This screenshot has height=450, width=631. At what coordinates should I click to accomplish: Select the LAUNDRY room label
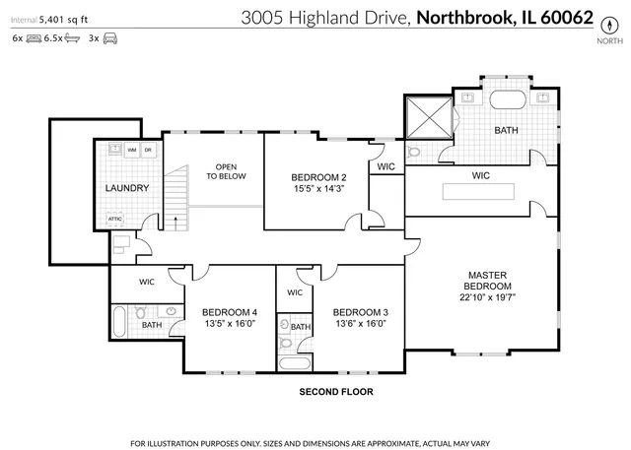tap(127, 188)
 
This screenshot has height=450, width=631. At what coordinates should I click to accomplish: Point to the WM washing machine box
tap(131, 150)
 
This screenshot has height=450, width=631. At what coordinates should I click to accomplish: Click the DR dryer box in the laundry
tap(148, 150)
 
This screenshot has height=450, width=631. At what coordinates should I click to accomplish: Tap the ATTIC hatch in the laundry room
tap(115, 220)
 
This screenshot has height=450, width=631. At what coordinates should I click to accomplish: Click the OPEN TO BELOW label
tap(226, 171)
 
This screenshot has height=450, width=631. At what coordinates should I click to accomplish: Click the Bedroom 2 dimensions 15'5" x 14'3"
tap(317, 189)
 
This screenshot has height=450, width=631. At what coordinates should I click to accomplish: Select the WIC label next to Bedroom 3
tap(295, 293)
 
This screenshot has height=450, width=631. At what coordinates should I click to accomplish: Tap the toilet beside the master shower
tap(414, 154)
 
